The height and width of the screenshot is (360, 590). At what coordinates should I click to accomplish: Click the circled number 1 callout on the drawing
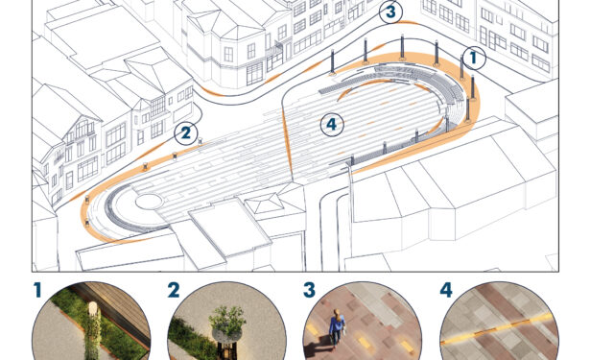click(x=474, y=58)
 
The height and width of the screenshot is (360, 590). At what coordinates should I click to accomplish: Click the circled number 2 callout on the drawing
click(x=186, y=132)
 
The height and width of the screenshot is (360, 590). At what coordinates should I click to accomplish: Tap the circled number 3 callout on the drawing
click(x=391, y=12)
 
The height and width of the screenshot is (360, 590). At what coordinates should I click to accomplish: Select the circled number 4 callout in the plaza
click(x=332, y=124)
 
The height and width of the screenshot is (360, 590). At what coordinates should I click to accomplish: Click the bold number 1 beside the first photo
click(x=36, y=290)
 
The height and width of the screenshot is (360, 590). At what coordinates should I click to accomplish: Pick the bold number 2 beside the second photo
click(x=174, y=290)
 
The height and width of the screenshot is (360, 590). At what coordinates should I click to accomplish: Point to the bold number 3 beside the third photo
click(x=309, y=290)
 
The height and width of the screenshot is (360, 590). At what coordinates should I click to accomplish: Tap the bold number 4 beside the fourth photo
click(x=446, y=290)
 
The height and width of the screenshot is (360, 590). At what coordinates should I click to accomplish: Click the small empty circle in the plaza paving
click(x=150, y=202)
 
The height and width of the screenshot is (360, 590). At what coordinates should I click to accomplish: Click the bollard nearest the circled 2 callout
click(x=200, y=141)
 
